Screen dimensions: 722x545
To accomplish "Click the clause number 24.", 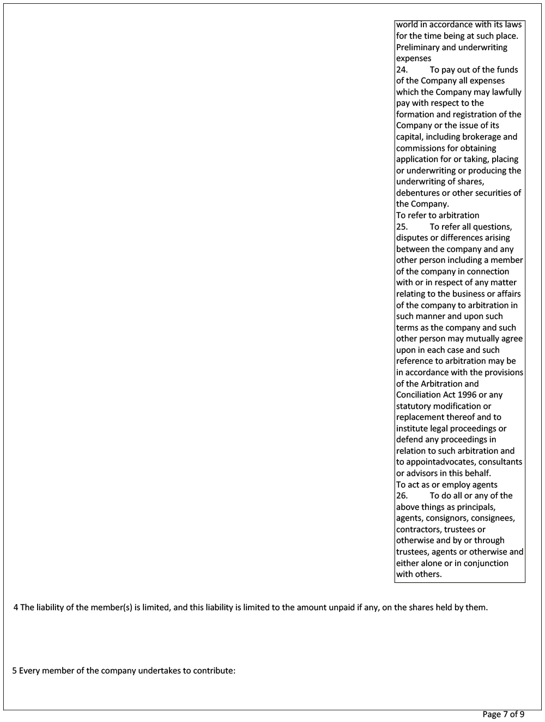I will (x=402, y=70).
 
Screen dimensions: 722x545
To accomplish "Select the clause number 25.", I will (x=402, y=227).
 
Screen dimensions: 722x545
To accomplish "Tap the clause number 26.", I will (x=402, y=496).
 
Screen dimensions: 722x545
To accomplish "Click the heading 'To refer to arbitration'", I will (x=438, y=215).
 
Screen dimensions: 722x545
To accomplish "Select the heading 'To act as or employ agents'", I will (x=446, y=485).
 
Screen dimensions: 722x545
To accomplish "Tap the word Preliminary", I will (x=418, y=47).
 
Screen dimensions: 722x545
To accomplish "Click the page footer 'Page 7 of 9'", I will (x=503, y=714).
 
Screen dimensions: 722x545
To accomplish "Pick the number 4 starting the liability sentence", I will (x=16, y=607).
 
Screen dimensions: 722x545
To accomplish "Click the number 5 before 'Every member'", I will (x=15, y=671).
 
